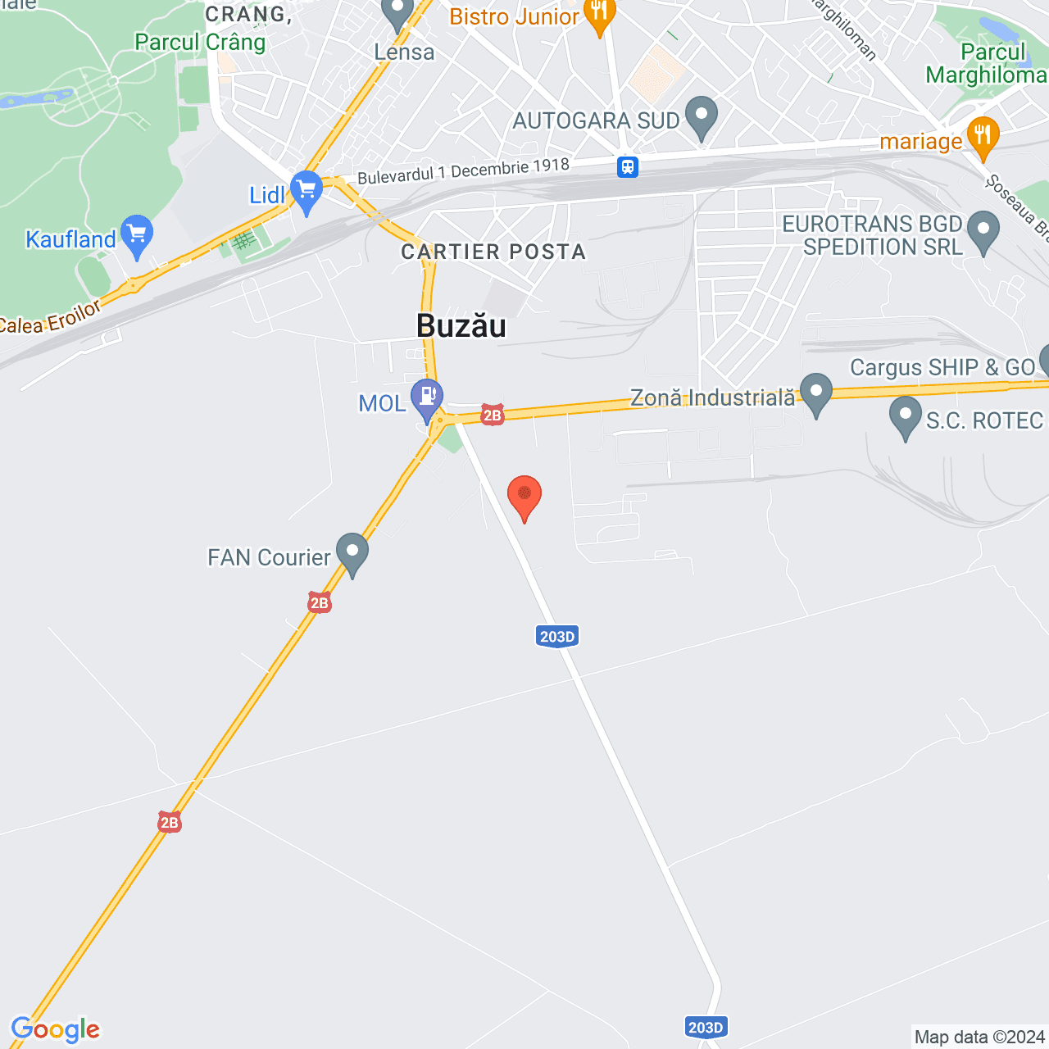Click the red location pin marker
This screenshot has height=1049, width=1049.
point(524,496)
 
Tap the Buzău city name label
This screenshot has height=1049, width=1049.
point(461,326)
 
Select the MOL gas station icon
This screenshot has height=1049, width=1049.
point(427,396)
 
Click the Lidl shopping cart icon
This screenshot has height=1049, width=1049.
point(307,189)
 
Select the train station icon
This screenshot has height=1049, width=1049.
point(628,166)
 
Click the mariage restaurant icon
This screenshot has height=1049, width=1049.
point(983,136)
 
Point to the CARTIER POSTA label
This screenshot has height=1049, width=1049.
point(493,252)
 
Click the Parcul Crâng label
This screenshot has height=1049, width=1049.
point(200,42)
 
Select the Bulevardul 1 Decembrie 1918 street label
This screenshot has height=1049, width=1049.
point(463,170)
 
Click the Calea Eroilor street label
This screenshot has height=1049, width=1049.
point(49,318)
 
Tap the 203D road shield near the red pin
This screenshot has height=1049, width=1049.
point(557,637)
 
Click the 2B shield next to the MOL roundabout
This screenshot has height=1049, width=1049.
point(492,415)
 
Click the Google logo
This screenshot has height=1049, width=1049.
point(56,1029)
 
